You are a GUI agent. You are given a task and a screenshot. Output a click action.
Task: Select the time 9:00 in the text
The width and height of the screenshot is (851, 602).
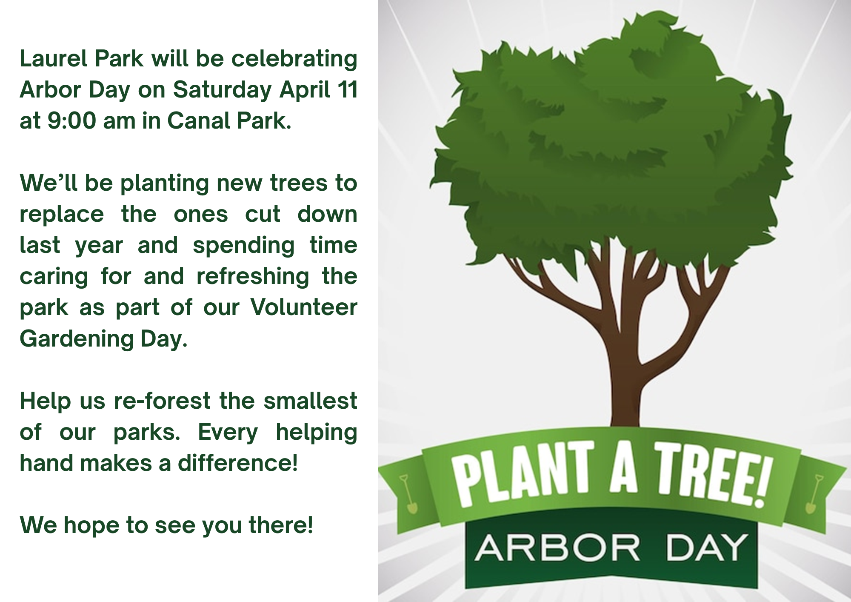(x=71, y=121)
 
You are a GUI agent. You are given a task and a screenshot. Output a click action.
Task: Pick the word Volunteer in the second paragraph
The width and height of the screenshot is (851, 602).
(x=303, y=307)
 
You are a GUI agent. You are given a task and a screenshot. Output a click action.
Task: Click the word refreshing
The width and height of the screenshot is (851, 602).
(x=253, y=276)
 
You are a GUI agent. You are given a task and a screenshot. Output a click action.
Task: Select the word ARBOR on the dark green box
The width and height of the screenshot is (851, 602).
(x=557, y=548)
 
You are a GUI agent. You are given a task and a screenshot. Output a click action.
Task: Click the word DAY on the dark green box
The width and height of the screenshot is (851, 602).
(x=706, y=548)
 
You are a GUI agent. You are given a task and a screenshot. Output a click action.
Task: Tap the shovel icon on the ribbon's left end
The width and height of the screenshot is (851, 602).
(x=409, y=494)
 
